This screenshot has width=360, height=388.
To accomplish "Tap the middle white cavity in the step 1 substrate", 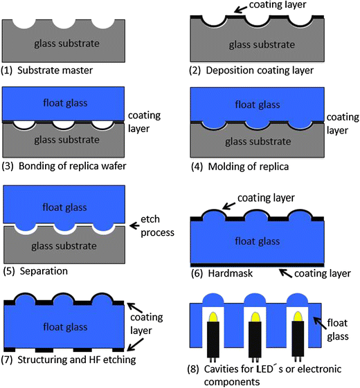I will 65,24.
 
